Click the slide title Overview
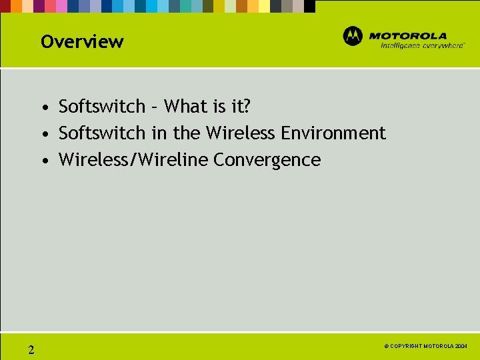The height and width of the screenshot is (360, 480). pos(82,42)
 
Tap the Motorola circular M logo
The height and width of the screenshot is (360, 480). pos(353,37)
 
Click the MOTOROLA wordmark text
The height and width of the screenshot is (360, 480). pos(407,36)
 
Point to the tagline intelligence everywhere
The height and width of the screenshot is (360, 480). pos(423,46)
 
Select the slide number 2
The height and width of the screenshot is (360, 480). pos(31,349)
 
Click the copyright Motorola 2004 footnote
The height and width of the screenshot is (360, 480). pos(426,347)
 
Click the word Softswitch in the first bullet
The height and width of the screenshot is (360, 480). pos(102,107)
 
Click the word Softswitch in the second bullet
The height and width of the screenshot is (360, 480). pos(102,133)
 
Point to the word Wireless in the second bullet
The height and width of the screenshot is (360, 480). pos(241,133)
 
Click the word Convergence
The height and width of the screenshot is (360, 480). pos(267,160)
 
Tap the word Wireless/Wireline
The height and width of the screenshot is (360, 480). pos(133,160)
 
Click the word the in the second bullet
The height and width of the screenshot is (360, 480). pos(187,133)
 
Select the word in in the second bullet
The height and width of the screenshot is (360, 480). pos(159,133)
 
